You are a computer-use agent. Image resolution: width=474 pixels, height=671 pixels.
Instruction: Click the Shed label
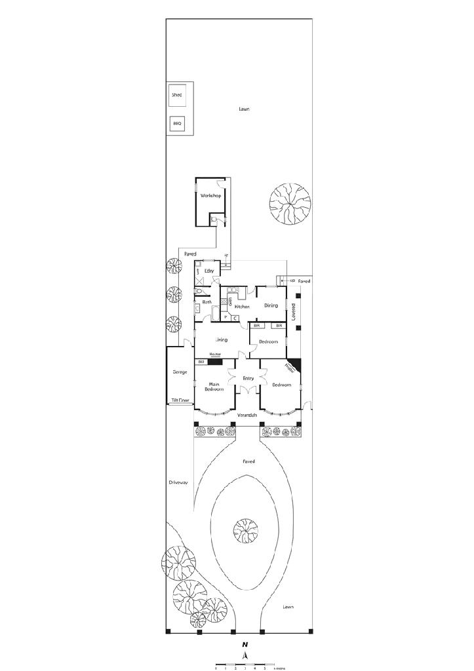(x=176, y=96)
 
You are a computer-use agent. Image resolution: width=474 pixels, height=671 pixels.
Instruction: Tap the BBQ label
(x=176, y=123)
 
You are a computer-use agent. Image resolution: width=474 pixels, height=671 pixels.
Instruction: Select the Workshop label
(x=210, y=196)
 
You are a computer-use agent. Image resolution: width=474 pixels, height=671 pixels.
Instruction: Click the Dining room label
(x=270, y=306)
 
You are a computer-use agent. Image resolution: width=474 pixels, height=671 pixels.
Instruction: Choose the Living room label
(x=222, y=340)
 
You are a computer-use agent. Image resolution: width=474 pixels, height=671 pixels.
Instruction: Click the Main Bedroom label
(x=214, y=387)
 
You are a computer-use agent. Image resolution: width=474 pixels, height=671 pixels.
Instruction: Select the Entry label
(x=248, y=379)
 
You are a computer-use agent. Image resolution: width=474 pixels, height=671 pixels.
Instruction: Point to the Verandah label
(x=247, y=415)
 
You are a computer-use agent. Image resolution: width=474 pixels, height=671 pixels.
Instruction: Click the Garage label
(x=180, y=372)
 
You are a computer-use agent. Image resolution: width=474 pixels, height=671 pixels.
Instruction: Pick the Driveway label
(x=178, y=482)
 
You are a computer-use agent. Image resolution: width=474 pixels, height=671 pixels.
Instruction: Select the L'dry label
(x=209, y=270)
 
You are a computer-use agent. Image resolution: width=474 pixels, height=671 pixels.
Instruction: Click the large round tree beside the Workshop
(x=289, y=203)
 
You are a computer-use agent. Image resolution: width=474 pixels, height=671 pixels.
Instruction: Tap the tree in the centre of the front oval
(x=247, y=530)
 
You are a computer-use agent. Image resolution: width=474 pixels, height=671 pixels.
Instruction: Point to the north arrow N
(x=245, y=645)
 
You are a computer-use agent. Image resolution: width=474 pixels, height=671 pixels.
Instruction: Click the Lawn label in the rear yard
(x=244, y=109)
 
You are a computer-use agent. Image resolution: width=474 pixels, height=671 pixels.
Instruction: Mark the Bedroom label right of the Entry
(x=282, y=385)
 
